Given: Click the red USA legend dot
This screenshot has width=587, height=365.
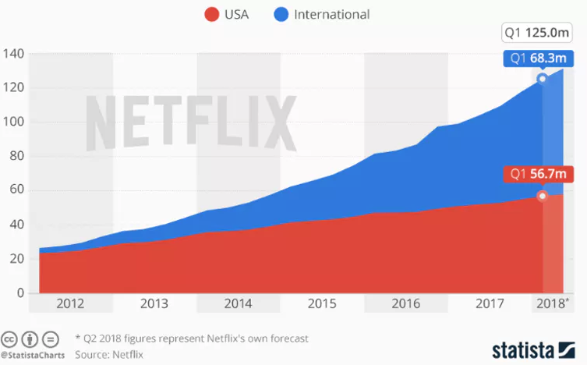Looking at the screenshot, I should click(211, 14).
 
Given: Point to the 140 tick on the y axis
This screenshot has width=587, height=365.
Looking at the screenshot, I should click(15, 54).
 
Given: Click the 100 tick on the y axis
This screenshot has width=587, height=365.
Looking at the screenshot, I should click(15, 122).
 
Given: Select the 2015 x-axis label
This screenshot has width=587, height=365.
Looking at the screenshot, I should click(323, 303).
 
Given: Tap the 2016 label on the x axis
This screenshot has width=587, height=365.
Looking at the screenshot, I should click(406, 303).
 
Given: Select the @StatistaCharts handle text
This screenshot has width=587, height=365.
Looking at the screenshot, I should click(32, 355).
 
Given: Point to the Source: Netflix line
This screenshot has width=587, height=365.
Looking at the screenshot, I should click(109, 354).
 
